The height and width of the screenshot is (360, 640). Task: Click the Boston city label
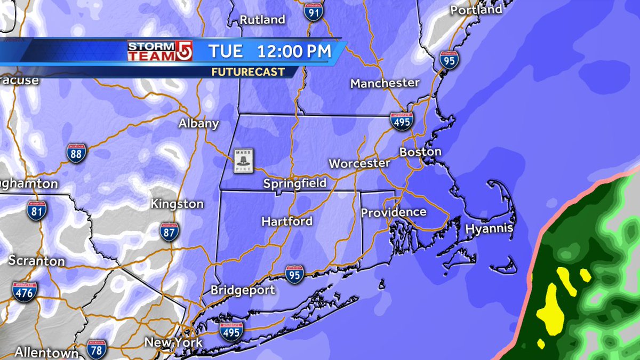tap(421, 152)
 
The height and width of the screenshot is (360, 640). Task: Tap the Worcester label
tap(359, 163)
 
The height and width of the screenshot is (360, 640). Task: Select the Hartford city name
tap(287, 221)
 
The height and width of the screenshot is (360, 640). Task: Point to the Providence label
tap(394, 212)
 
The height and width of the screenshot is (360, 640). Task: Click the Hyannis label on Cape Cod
tap(489, 229)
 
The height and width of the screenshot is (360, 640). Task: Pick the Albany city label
tap(199, 124)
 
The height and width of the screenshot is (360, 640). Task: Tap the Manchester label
tap(385, 83)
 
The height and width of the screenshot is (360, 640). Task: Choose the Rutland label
tap(262, 20)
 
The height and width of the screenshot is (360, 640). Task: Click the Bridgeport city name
tap(243, 291)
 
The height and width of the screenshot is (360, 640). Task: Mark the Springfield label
tap(294, 184)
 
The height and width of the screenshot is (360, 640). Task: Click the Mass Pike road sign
tap(243, 161)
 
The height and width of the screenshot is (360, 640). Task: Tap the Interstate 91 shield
tap(315, 11)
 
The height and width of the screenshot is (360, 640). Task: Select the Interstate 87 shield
tap(169, 231)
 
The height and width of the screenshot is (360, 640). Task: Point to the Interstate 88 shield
tap(76, 153)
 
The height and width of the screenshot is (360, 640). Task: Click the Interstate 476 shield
tap(25, 291)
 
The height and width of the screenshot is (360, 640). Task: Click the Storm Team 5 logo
tap(159, 51)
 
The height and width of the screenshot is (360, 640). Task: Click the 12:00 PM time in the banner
tap(294, 52)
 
